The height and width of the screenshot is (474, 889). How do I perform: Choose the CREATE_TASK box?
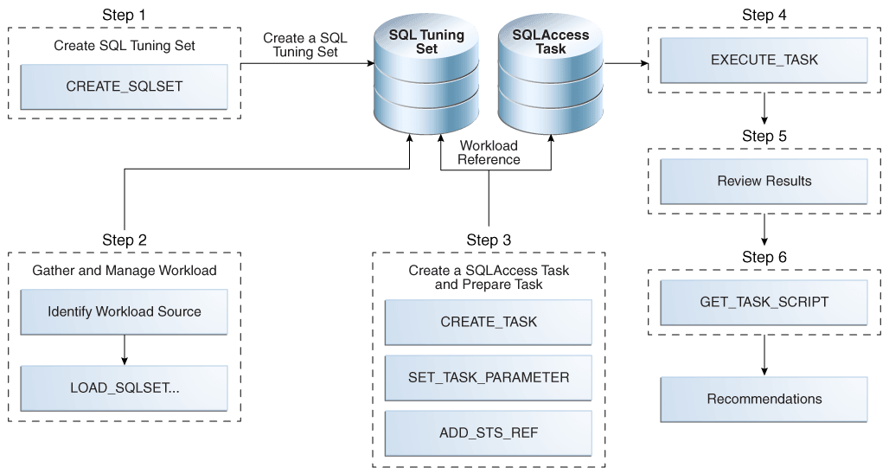click(x=489, y=322)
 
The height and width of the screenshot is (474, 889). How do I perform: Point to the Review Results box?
click(x=764, y=182)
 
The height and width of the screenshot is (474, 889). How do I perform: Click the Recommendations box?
click(x=764, y=399)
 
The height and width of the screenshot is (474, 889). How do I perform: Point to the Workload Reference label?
click(x=489, y=153)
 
